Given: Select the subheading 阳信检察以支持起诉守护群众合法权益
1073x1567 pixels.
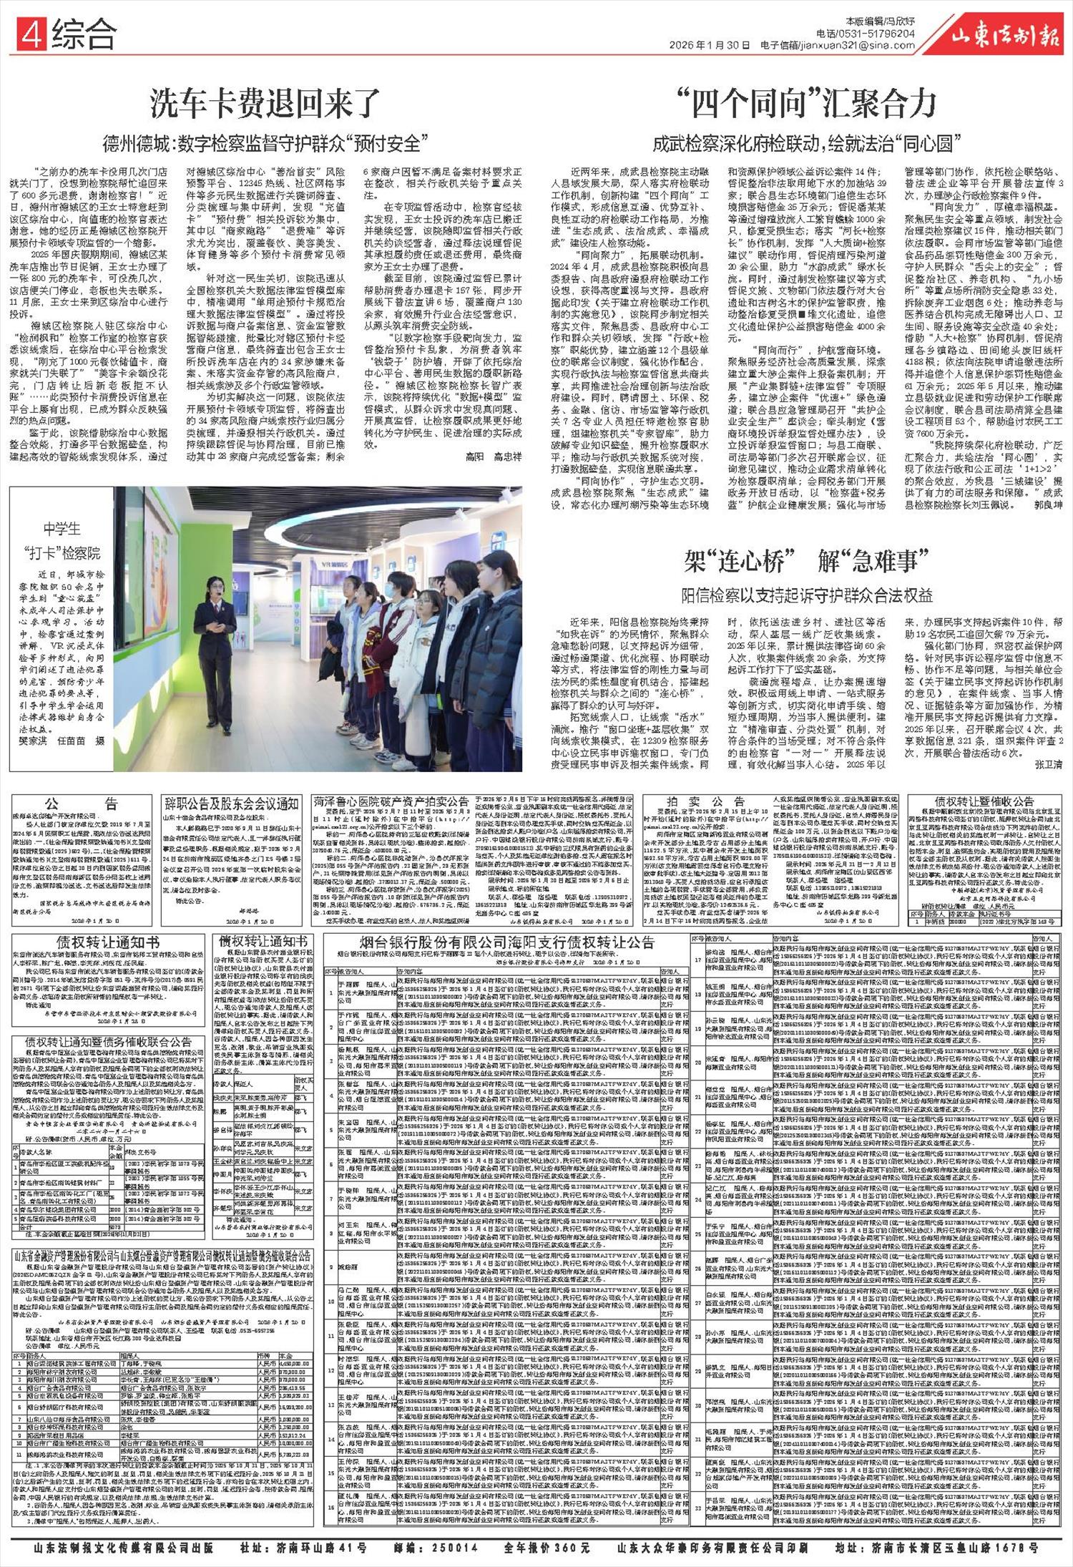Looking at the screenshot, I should tap(807, 595).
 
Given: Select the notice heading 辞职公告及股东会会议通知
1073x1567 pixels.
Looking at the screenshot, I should tap(232, 802).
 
